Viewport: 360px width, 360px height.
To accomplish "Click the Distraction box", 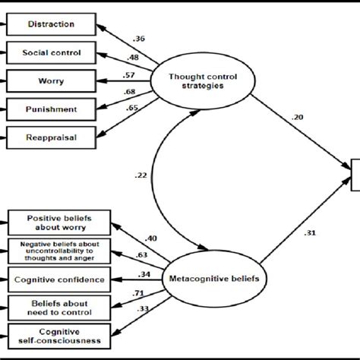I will coord(50,24).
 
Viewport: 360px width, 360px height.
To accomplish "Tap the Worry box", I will coord(50,80).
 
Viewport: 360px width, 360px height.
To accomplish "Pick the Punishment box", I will coord(50,108).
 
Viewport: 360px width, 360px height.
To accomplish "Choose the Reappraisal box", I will coord(50,137).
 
